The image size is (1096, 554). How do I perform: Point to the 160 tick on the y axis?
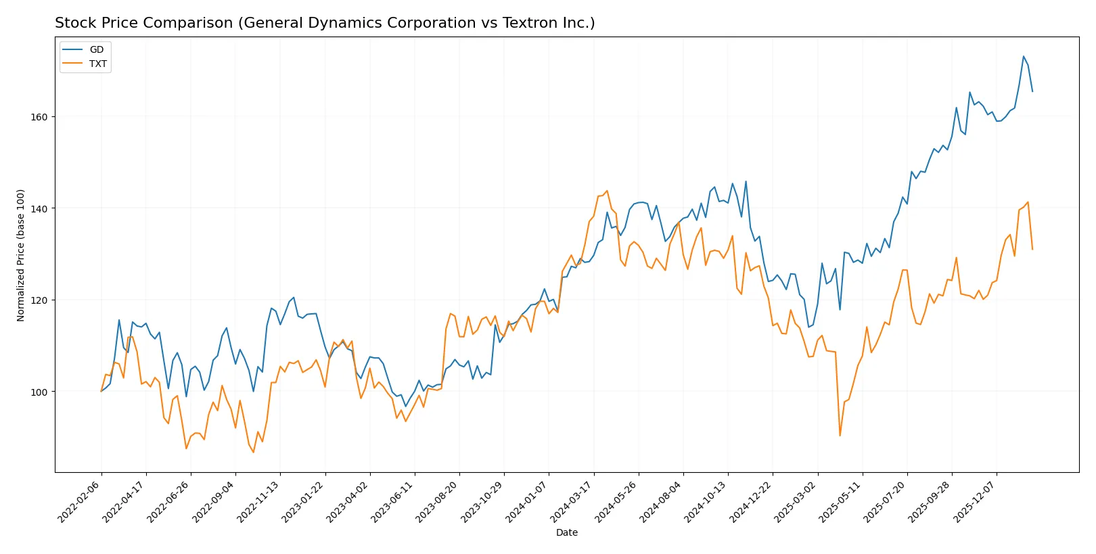pyautogui.click(x=39, y=117)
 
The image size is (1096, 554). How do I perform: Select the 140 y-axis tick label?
pyautogui.click(x=39, y=208)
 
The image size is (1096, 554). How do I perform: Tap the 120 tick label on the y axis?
pyautogui.click(x=39, y=300)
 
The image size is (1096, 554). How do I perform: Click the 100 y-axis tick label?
pyautogui.click(x=39, y=392)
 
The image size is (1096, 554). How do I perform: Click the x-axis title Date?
pyautogui.click(x=567, y=533)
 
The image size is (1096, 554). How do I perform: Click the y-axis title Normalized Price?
pyautogui.click(x=21, y=255)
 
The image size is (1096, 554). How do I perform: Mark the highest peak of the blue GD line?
pyautogui.click(x=1024, y=56)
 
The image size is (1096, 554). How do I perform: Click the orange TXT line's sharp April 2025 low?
pyautogui.click(x=840, y=436)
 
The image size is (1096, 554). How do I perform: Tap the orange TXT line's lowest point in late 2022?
pyautogui.click(x=254, y=452)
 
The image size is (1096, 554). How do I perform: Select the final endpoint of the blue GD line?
pyautogui.click(x=1032, y=91)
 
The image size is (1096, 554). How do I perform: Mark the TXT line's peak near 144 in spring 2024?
pyautogui.click(x=607, y=191)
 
